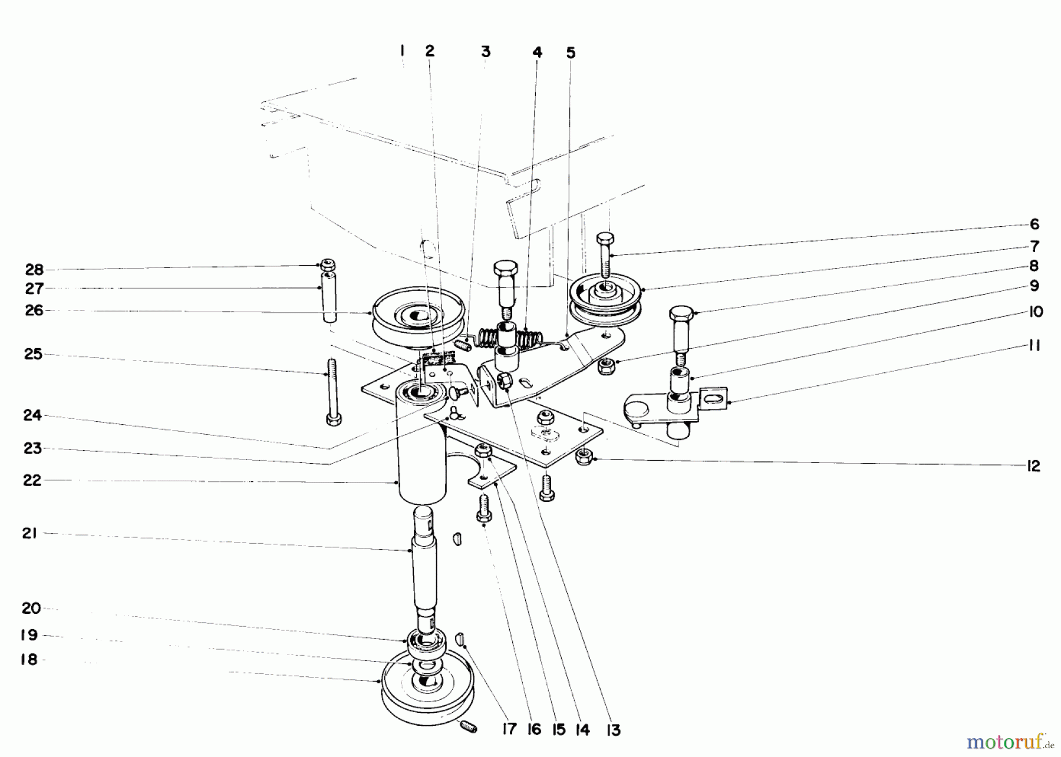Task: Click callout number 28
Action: (34, 269)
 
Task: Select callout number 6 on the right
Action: (1034, 224)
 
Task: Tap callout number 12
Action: (1033, 466)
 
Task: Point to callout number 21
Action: (29, 533)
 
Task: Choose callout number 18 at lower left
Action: (29, 660)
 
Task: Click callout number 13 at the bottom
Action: (613, 730)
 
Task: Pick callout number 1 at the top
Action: (402, 51)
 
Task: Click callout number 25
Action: (34, 354)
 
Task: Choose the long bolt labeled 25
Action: (332, 392)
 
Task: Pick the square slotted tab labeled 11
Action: (714, 399)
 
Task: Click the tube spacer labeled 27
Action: (329, 297)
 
